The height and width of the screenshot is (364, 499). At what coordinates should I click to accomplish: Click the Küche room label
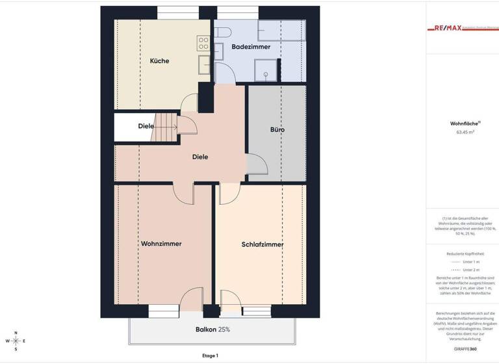(159, 61)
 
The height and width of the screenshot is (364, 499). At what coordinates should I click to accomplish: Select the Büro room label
(277, 130)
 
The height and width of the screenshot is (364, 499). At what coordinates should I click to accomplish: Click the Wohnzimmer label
(161, 244)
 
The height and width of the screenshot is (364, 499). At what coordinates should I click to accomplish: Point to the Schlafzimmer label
(262, 244)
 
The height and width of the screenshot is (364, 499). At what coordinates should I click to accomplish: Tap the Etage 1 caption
(210, 356)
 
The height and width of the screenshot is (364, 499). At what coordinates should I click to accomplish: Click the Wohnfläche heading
(465, 123)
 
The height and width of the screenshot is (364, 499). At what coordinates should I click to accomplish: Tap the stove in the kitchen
(203, 44)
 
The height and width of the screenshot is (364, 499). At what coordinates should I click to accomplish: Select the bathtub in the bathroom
(281, 31)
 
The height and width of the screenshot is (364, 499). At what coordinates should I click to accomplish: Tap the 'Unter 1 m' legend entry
(465, 261)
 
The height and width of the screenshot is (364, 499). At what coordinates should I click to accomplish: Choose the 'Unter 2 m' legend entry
(465, 269)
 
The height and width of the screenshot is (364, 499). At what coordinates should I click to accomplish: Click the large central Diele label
(200, 157)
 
